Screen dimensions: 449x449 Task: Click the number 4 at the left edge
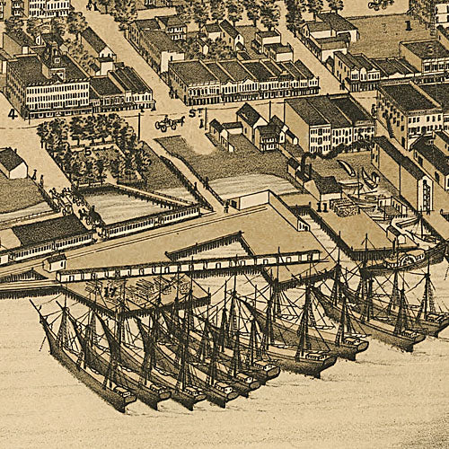pos(12,114)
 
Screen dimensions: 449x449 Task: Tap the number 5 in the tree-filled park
pos(87,149)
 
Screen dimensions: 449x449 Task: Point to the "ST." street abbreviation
pos(194,114)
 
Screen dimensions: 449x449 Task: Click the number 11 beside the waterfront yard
pos(321,207)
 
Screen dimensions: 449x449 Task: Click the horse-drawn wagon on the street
pos(169,123)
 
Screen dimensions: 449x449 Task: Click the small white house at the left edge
pos(11,163)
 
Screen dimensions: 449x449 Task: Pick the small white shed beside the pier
pos(55,262)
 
